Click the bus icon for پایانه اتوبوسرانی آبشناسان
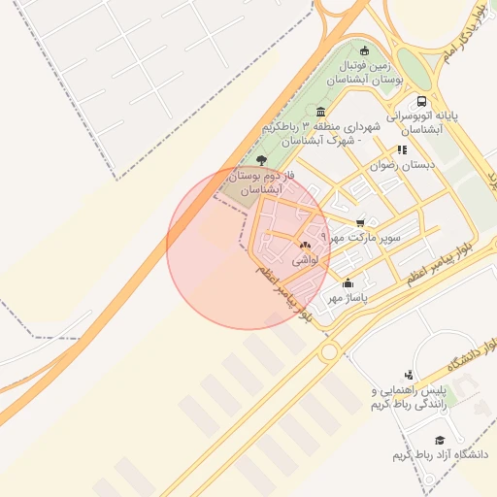[421, 100]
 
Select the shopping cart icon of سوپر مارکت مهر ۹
[361, 222]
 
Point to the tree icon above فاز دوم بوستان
[261, 160]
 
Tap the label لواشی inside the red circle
[304, 259]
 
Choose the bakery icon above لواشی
[305, 245]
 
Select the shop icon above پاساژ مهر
[348, 283]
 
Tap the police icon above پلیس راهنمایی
[409, 374]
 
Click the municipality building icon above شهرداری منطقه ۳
[320, 112]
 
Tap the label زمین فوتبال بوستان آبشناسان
[364, 74]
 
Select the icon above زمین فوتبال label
[364, 51]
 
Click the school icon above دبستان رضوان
[401, 149]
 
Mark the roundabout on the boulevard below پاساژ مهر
[329, 350]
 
